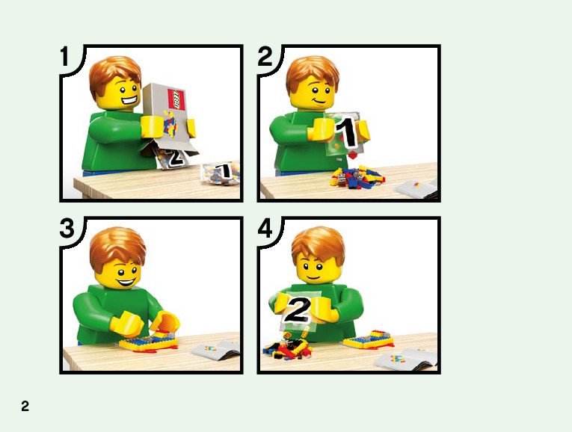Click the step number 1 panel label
click(64, 56)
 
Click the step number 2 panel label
click(265, 56)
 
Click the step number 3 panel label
click(67, 229)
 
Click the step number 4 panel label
click(265, 229)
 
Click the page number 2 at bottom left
click(25, 406)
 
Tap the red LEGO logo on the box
click(176, 99)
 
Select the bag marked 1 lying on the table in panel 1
click(221, 173)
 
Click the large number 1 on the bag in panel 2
click(346, 133)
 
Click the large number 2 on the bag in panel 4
click(298, 310)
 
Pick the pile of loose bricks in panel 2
click(357, 177)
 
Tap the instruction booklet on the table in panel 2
click(416, 189)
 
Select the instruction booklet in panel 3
click(216, 350)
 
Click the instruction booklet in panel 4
click(406, 359)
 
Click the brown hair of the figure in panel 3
click(117, 247)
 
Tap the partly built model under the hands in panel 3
click(149, 342)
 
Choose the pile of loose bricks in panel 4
click(287, 349)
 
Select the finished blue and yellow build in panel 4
click(369, 340)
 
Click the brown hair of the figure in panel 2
click(313, 73)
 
